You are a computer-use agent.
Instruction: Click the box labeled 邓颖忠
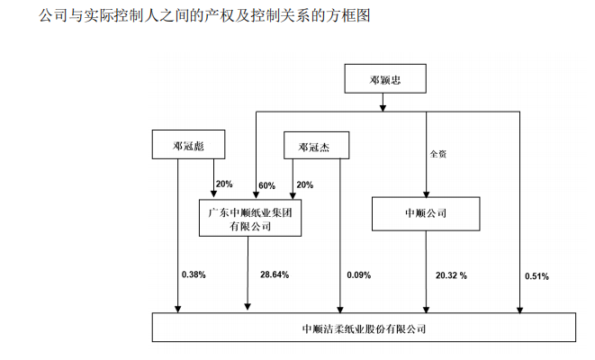pyautogui.click(x=385, y=78)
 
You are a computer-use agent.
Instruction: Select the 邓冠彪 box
pyautogui.click(x=189, y=144)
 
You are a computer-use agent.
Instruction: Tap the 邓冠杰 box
pyautogui.click(x=317, y=145)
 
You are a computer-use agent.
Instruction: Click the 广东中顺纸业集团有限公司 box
pyautogui.click(x=250, y=218)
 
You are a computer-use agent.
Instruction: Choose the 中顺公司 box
pyautogui.click(x=426, y=213)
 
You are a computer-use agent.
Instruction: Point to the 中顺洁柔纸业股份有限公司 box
pyautogui.click(x=364, y=327)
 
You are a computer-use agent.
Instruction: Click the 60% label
pyautogui.click(x=266, y=186)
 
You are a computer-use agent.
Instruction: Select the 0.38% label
pyautogui.click(x=194, y=274)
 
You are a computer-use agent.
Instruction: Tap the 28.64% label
pyautogui.click(x=275, y=274)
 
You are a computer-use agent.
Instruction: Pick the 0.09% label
pyautogui.click(x=358, y=275)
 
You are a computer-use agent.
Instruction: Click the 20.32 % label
pyautogui.click(x=451, y=275)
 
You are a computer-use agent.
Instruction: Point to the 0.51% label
pyautogui.click(x=536, y=276)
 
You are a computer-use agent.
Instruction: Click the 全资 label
pyautogui.click(x=437, y=154)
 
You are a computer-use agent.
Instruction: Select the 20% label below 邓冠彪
pyautogui.click(x=224, y=184)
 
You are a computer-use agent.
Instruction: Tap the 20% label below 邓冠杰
pyautogui.click(x=305, y=184)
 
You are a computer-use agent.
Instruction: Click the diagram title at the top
pyautogui.click(x=204, y=15)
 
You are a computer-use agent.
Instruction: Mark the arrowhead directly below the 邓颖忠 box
pyautogui.click(x=383, y=108)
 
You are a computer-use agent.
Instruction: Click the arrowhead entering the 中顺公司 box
pyautogui.click(x=426, y=193)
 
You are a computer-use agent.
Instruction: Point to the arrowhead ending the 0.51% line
pyautogui.click(x=520, y=310)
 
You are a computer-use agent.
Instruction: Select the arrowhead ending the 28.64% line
pyautogui.click(x=248, y=306)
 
